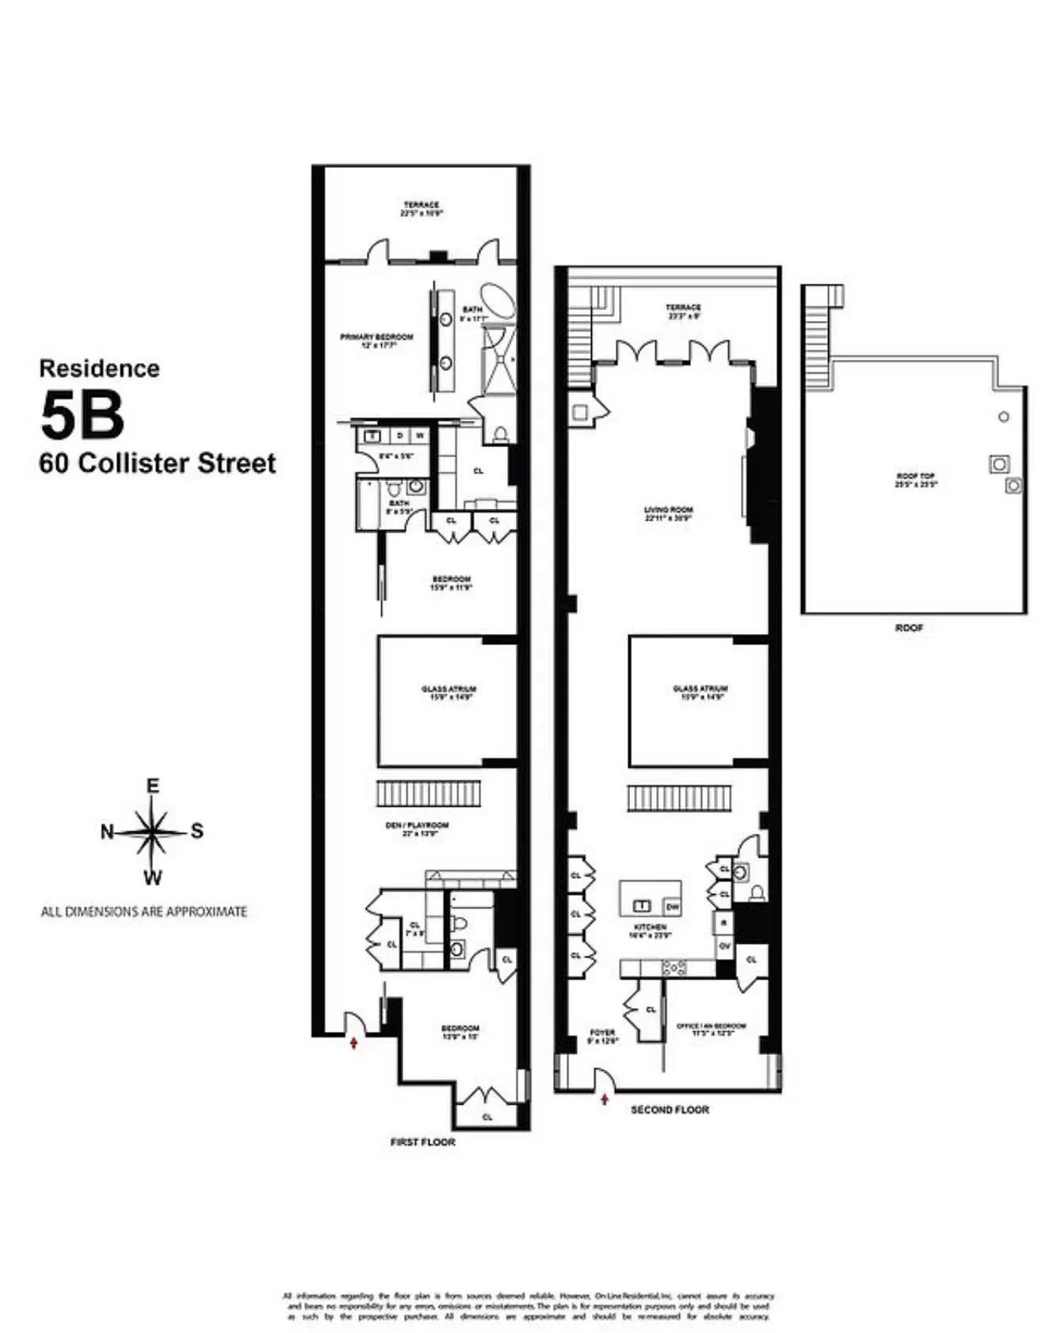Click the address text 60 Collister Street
158,463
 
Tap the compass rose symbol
151,832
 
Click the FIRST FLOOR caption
422,1142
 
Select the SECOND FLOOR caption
670,1110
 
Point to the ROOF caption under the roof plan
909,628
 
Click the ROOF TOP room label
915,479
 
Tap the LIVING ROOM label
669,514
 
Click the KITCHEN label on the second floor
650,930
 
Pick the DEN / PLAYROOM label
417,829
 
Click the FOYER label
602,1036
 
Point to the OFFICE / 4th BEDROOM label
711,1029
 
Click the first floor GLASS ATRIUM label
449,693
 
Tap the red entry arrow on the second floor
605,1099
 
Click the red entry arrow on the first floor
353,1042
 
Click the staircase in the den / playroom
428,793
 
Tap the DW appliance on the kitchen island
672,906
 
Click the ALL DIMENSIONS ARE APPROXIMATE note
143,911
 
